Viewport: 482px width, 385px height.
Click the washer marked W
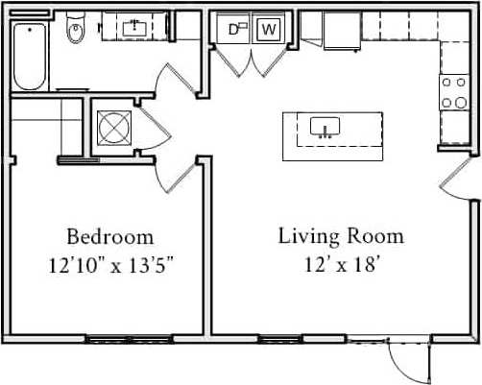click(x=269, y=30)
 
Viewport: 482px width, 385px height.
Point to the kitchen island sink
click(x=326, y=128)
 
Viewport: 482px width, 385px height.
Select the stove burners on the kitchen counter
click(x=452, y=93)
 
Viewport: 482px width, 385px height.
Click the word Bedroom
click(x=109, y=236)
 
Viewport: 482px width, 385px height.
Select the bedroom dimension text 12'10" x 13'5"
click(x=109, y=263)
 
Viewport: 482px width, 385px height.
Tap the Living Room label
click(x=341, y=236)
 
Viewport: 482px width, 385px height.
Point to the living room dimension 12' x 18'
click(x=341, y=263)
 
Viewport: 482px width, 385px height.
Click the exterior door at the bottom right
click(x=409, y=360)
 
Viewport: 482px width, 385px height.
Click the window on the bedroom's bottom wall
click(x=104, y=338)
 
